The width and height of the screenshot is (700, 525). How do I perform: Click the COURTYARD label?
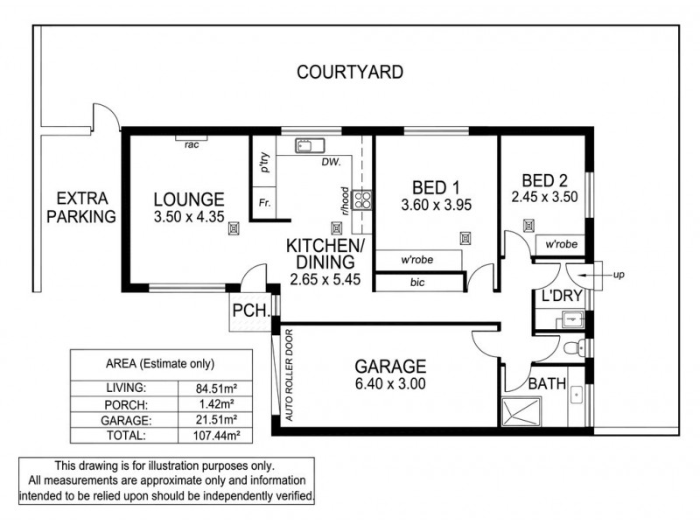click(350, 72)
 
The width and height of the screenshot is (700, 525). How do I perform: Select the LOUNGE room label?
click(189, 199)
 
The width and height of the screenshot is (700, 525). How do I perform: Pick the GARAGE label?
click(389, 366)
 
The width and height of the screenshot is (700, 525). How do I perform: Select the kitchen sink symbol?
click(310, 146)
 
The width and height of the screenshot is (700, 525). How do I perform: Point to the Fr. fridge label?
click(262, 202)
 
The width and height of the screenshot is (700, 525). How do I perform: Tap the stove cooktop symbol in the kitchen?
click(365, 200)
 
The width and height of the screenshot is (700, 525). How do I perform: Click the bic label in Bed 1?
click(417, 283)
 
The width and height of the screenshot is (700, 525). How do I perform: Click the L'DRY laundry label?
click(561, 297)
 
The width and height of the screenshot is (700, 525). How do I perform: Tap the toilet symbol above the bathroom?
click(573, 348)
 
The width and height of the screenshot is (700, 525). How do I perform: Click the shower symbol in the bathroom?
click(520, 411)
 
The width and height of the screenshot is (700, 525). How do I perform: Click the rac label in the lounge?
click(192, 144)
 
